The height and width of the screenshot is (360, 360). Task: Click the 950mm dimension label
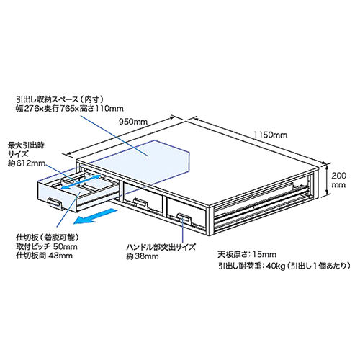[x=133, y=122]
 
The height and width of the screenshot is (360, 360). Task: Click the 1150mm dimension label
[x=271, y=135]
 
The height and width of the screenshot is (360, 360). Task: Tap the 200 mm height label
[x=338, y=180]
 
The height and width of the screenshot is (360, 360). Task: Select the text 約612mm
[x=27, y=163]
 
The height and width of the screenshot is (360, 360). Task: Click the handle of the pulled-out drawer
[x=55, y=203]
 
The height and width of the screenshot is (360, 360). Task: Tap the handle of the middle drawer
[x=140, y=203]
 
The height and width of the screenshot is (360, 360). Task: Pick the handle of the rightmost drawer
[x=184, y=218]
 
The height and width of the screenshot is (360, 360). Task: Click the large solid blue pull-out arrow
[x=95, y=216]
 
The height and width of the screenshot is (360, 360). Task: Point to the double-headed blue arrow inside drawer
[x=80, y=182]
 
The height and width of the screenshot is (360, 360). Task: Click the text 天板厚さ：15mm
[x=247, y=255]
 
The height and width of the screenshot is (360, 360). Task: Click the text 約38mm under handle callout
[x=143, y=256]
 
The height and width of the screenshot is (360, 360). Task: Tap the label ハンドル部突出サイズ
[x=161, y=247]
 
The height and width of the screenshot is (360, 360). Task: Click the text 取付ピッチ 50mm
[x=47, y=246]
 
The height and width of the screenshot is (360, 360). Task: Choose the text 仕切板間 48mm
[x=44, y=256]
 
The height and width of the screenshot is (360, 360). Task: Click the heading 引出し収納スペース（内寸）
[x=60, y=99]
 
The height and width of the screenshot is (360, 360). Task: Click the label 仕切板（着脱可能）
[x=48, y=238]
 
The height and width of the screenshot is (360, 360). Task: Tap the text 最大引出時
[x=26, y=145]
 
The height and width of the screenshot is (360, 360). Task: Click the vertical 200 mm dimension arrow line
[x=327, y=179]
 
